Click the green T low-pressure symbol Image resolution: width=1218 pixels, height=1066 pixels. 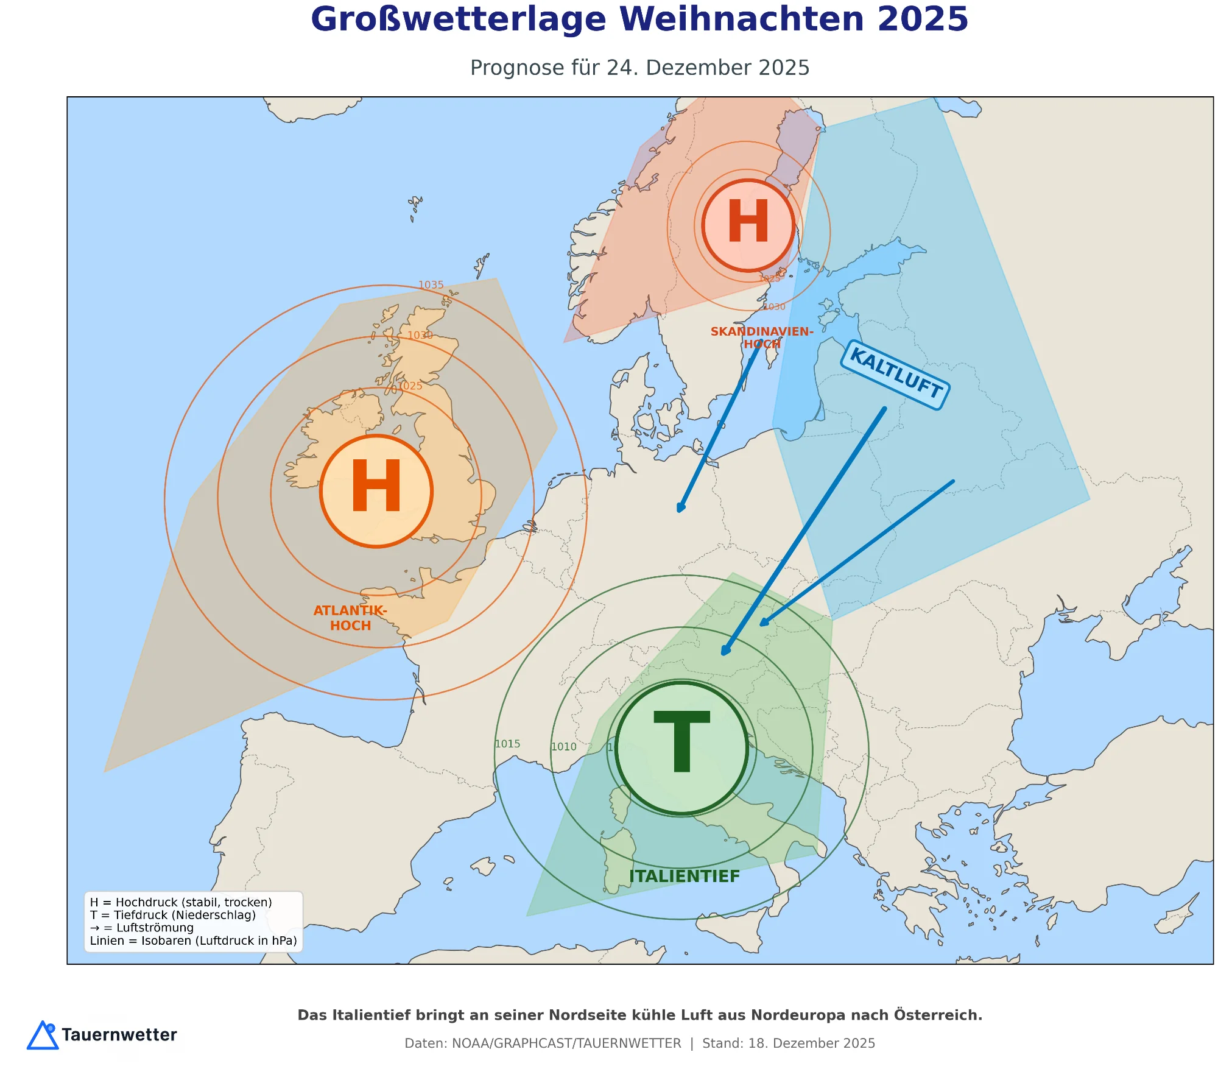coord(681,747)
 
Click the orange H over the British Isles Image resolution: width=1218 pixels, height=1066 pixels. coord(376,491)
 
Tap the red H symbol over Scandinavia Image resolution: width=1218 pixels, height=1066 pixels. coord(748,225)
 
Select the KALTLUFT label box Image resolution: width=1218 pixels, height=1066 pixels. coord(895,374)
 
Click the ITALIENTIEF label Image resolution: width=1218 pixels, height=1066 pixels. coord(685,876)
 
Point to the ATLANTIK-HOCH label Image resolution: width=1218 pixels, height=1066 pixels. coord(350,618)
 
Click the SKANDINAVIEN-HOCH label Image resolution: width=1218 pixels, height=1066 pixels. coord(762,337)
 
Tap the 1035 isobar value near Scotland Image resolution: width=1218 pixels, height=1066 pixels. coord(431,285)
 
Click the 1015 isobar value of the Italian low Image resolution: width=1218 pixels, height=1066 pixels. coord(507,744)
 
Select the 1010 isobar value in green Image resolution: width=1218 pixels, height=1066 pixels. coord(563,747)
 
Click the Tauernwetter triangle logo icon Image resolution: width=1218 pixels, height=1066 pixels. coord(43,1036)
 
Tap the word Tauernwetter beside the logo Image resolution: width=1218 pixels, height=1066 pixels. coord(119,1035)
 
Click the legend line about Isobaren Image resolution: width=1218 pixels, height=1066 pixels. coord(193,941)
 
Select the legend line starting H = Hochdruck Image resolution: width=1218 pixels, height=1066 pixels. coord(181,902)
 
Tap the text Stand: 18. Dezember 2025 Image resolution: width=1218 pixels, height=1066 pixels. coord(788,1043)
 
